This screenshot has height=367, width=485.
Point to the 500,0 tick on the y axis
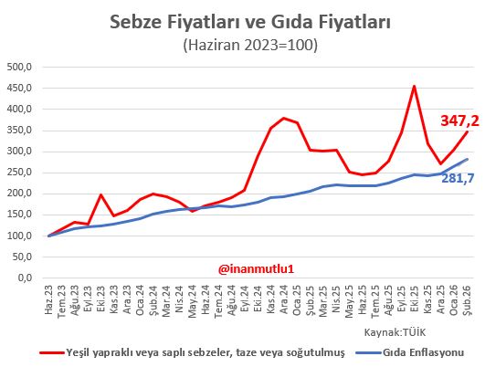(19, 68)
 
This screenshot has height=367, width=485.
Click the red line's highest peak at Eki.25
(415, 87)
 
